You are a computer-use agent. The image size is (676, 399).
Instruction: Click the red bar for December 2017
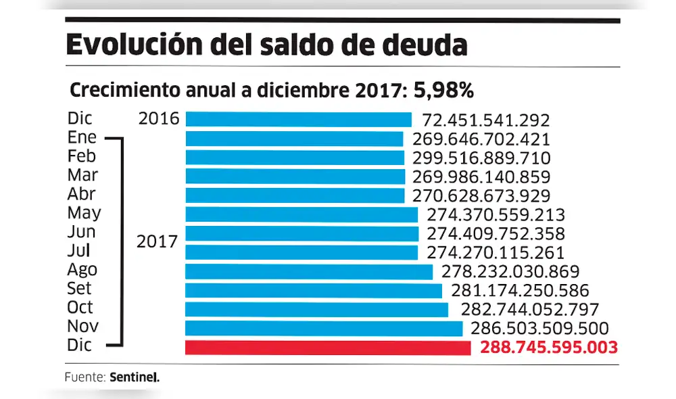[328, 348]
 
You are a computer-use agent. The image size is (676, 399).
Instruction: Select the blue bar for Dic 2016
[298, 120]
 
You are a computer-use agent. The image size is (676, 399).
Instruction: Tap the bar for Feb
[295, 158]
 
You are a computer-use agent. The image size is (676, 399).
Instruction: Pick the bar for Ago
[309, 271]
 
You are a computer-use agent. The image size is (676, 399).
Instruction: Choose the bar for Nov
[324, 329]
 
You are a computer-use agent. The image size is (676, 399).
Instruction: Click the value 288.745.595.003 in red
[549, 348]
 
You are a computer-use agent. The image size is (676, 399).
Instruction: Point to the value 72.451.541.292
[485, 120]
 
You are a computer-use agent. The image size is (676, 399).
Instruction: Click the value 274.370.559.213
[496, 215]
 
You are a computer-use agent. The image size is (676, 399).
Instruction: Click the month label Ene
[82, 138]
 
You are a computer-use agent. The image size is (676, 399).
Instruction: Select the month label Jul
[80, 251]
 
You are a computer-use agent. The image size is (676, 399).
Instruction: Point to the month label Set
[80, 289]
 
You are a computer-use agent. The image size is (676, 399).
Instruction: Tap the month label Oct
[80, 308]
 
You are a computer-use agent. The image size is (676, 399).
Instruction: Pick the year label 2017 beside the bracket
[157, 241]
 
